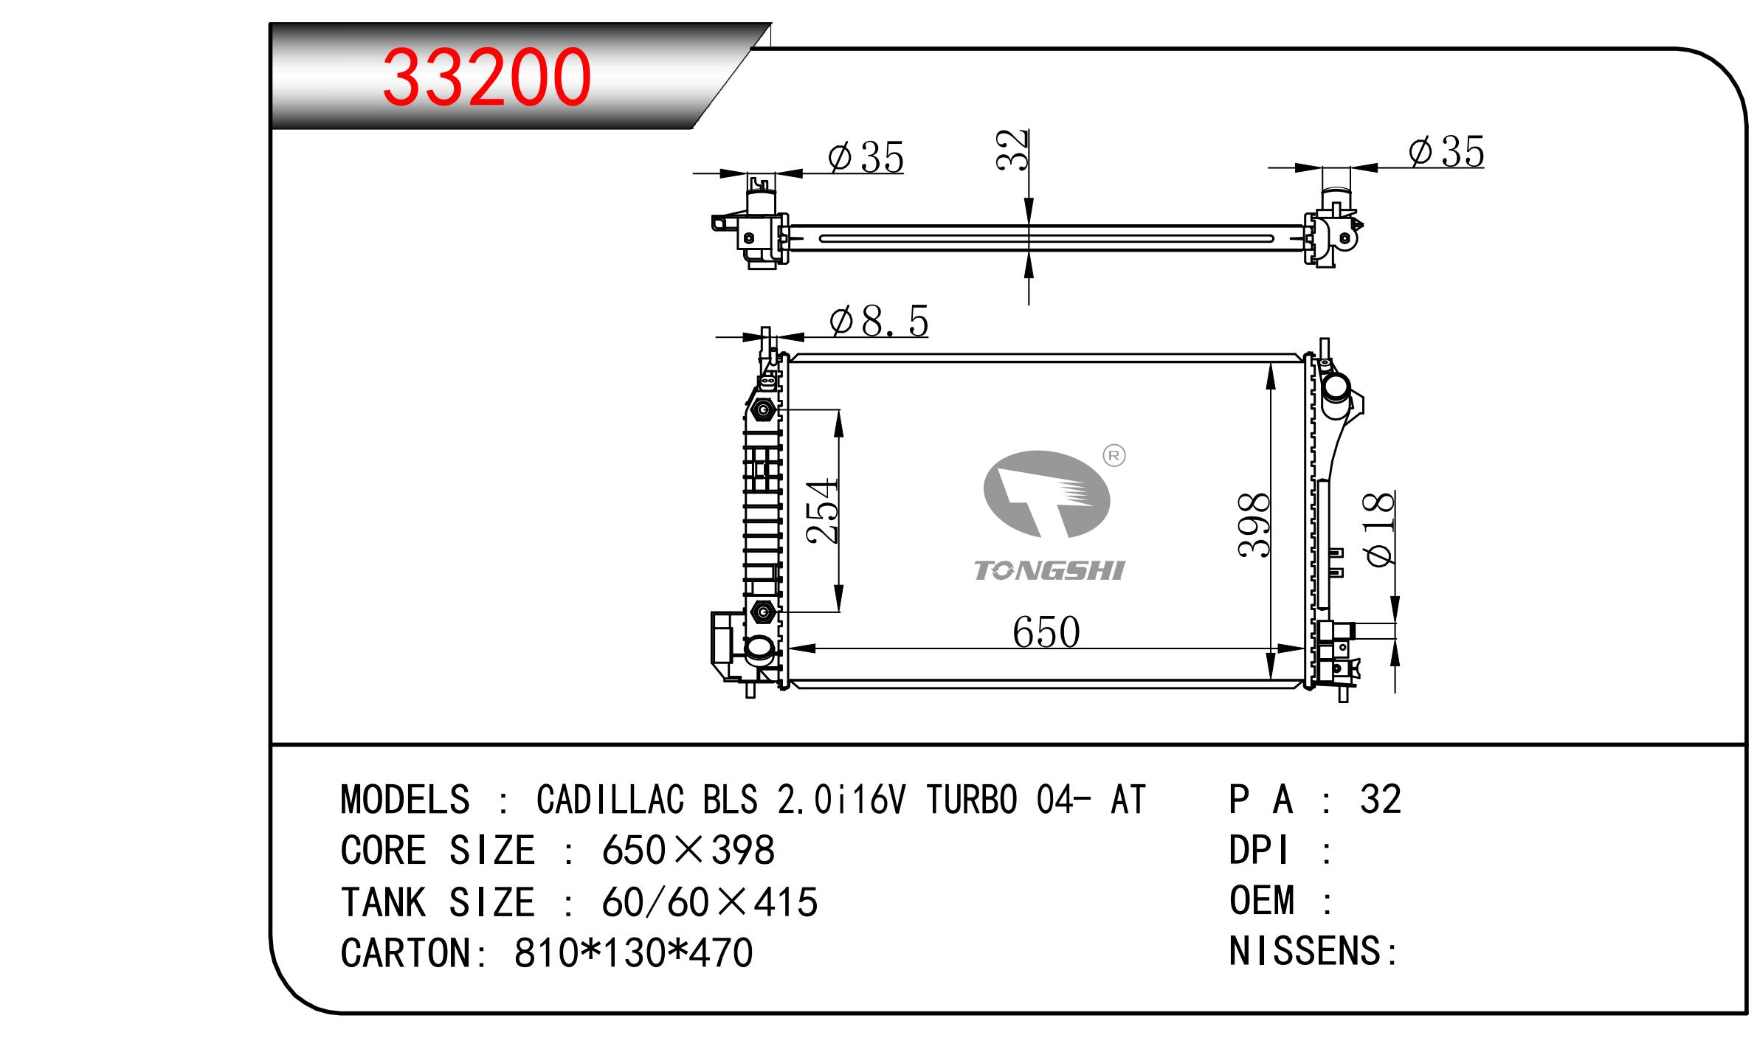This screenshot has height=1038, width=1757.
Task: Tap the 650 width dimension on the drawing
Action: pos(1046,632)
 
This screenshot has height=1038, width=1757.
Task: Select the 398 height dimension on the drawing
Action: pos(1254,525)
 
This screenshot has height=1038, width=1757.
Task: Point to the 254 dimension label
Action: pos(823,511)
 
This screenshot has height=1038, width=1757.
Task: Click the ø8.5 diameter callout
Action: pos(878,322)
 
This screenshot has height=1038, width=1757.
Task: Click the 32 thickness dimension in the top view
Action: pos(1012,150)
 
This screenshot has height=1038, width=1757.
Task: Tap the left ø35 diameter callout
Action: pos(866,157)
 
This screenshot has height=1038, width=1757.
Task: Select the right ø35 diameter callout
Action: pos(1446,153)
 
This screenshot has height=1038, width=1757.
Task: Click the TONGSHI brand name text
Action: pos(1049,570)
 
